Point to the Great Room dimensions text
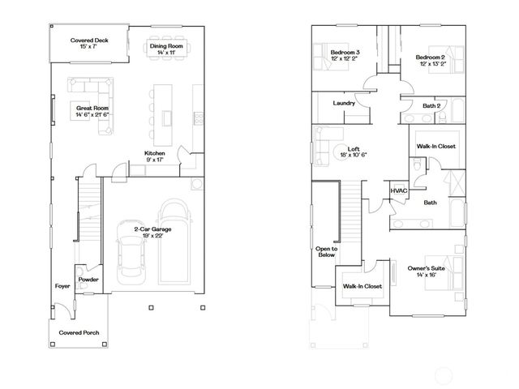[x=93, y=114]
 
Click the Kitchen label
[x=156, y=153]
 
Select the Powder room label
[x=88, y=280]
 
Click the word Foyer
[x=62, y=287]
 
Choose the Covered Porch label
[x=79, y=332]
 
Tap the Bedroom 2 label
[x=431, y=58]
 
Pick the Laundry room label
[x=345, y=103]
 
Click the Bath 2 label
[x=431, y=105]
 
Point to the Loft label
[x=354, y=149]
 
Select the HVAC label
[x=398, y=190]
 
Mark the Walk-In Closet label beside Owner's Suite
[x=362, y=286]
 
